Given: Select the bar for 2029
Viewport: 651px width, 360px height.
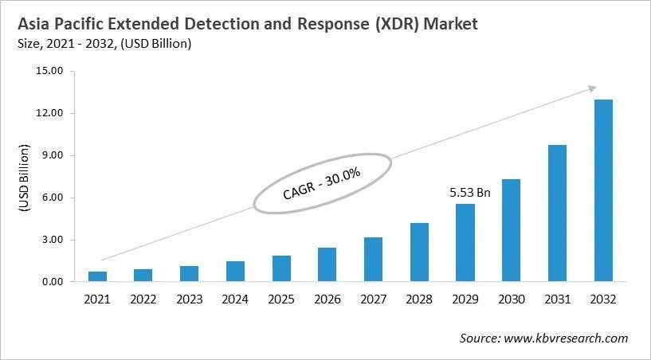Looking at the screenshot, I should (465, 243).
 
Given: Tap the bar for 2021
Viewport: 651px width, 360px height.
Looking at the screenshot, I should (97, 276).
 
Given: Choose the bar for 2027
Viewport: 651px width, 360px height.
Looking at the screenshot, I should (373, 260).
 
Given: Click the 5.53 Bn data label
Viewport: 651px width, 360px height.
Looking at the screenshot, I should (465, 192).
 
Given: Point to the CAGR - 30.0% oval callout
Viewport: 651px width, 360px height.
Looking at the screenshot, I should (322, 183).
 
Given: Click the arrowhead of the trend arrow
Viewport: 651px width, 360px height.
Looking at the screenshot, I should (592, 88).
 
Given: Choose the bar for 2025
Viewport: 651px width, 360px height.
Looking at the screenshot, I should (281, 268).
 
